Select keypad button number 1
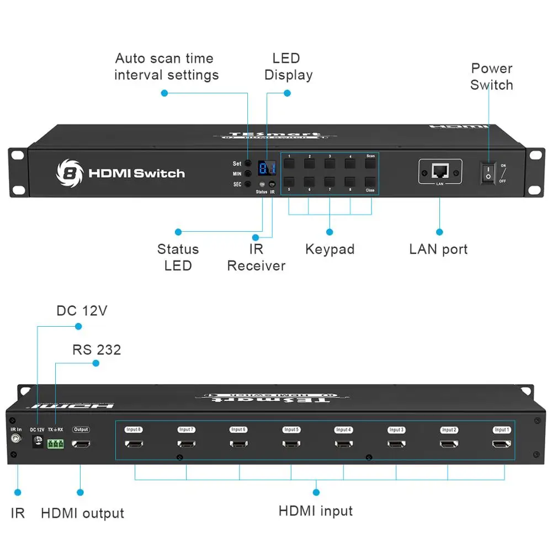pyautogui.click(x=289, y=164)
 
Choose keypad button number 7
pyautogui.click(x=330, y=182)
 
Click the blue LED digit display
pyautogui.click(x=267, y=169)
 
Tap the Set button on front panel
pyautogui.click(x=248, y=164)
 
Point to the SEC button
pyautogui.click(x=248, y=184)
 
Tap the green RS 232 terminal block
pyautogui.click(x=55, y=443)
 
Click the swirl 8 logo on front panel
pyautogui.click(x=69, y=173)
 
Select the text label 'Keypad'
pyautogui.click(x=330, y=249)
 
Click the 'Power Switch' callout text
pyautogui.click(x=491, y=77)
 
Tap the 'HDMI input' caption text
pyautogui.click(x=315, y=511)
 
